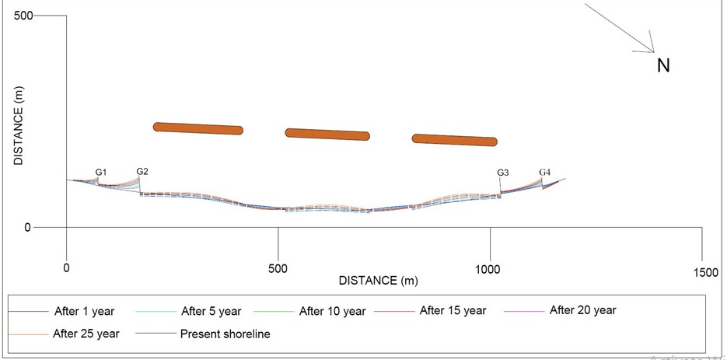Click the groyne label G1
pyautogui.click(x=101, y=172)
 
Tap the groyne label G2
pyautogui.click(x=142, y=171)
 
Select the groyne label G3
pyautogui.click(x=503, y=173)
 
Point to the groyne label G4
pyautogui.click(x=545, y=172)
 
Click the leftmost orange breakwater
pyautogui.click(x=198, y=128)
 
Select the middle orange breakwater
pyautogui.click(x=327, y=134)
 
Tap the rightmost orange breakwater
pyautogui.click(x=454, y=140)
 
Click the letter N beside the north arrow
pyautogui.click(x=663, y=66)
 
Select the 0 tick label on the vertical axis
pyautogui.click(x=28, y=228)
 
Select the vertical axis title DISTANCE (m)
pyautogui.click(x=19, y=125)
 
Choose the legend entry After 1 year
pyautogui.click(x=84, y=312)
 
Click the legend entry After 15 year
pyautogui.click(x=453, y=311)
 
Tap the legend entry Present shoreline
pyautogui.click(x=225, y=335)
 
